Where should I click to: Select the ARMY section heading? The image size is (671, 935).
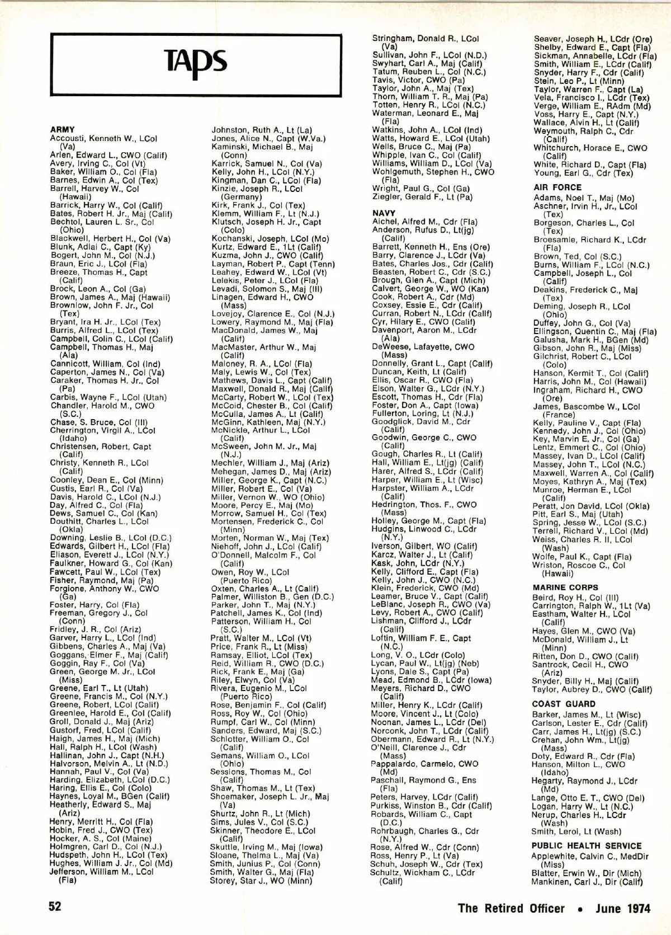(x=62, y=130)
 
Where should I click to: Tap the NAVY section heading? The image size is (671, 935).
(x=384, y=213)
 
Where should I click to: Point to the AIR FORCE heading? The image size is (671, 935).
(x=557, y=187)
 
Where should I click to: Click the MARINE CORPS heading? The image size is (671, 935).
(x=565, y=588)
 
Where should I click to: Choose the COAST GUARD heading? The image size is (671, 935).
(x=564, y=704)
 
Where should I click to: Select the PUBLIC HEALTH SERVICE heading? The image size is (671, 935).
(x=587, y=846)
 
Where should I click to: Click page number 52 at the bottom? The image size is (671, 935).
(x=54, y=906)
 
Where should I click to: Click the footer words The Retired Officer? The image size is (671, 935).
(x=511, y=908)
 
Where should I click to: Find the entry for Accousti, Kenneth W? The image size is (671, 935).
(x=103, y=138)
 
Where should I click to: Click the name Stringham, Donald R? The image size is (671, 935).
(x=425, y=39)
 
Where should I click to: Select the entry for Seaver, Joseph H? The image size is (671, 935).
(x=593, y=39)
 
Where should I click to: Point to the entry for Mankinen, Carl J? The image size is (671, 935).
(x=587, y=882)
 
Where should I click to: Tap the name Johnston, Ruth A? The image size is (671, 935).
(x=261, y=130)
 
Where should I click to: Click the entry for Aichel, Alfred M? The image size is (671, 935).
(x=424, y=222)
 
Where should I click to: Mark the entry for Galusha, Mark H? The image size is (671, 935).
(x=590, y=340)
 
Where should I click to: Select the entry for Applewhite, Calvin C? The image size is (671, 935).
(x=590, y=857)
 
